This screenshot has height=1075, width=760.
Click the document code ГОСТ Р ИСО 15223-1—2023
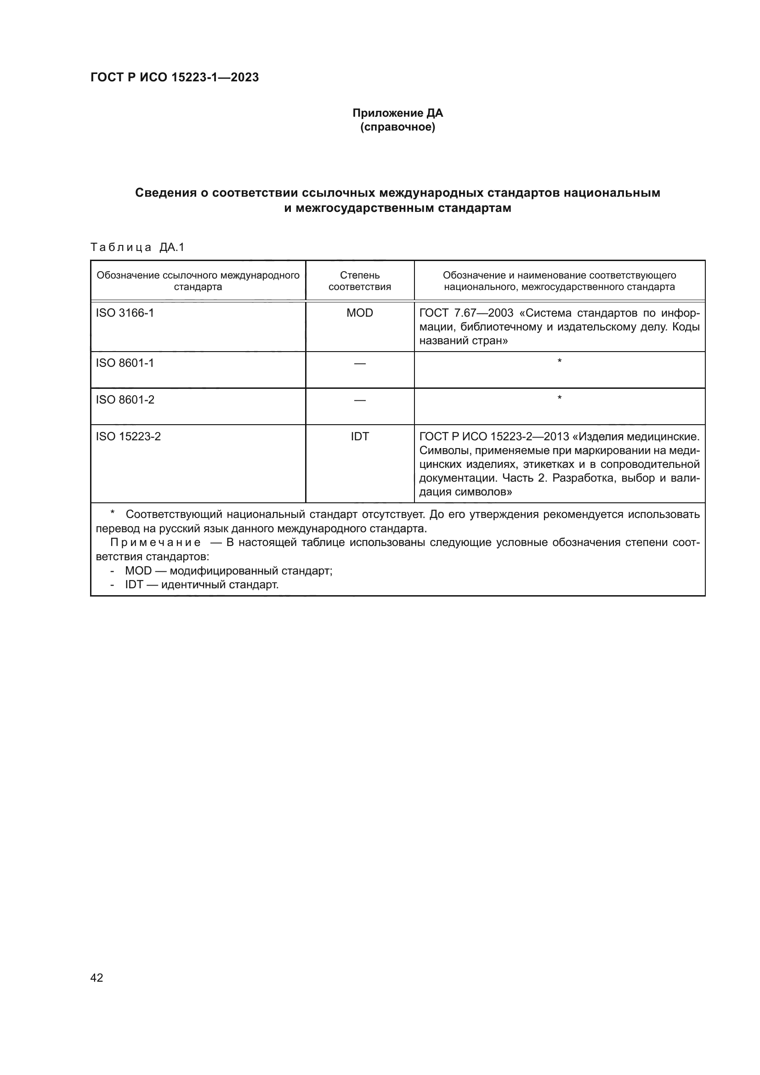coord(174,77)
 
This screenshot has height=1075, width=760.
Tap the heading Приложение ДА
coord(397,113)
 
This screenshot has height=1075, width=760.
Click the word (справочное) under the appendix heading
coord(397,127)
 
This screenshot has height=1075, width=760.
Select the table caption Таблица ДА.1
coord(137,247)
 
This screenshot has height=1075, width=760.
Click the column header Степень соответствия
coord(359,281)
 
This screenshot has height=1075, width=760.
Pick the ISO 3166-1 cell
coord(125,313)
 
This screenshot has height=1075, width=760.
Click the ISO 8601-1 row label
coord(125,363)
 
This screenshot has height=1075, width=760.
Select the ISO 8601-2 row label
coord(125,399)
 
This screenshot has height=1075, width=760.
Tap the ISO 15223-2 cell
coord(128,436)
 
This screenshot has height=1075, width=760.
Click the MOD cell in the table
coord(359,313)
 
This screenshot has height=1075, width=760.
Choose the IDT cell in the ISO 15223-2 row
coord(359,436)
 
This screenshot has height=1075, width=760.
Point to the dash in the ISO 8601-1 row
coord(359,364)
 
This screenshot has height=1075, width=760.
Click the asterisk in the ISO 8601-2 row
coord(559,398)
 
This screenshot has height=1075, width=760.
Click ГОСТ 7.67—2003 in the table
coord(466,313)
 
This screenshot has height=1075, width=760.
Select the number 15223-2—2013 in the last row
coord(529,436)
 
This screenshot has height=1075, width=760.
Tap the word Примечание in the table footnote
coord(155,543)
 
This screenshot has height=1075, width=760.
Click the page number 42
coord(97,978)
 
